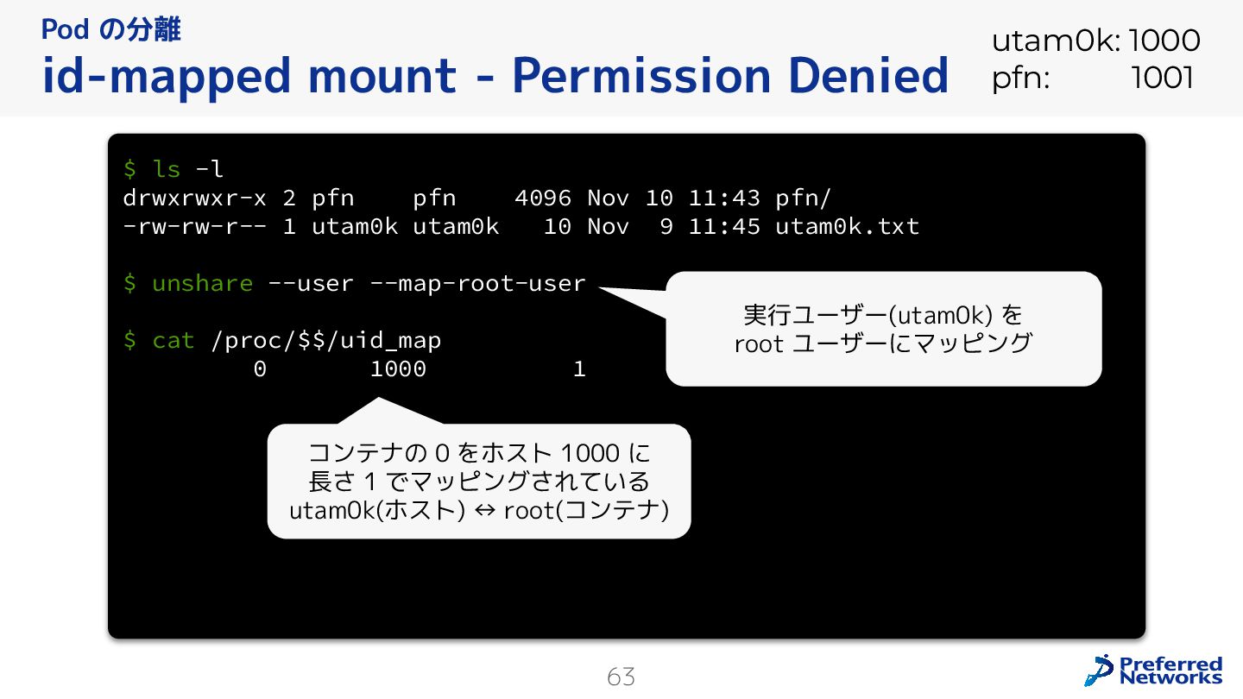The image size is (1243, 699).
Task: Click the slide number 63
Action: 621,677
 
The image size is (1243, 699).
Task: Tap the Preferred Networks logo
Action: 1154,671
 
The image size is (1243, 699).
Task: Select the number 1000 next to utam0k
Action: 1164,41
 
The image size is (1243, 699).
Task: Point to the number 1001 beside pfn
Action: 1162,79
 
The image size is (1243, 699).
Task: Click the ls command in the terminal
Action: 167,168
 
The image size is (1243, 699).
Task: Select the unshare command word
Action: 202,283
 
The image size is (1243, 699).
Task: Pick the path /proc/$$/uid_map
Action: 325,341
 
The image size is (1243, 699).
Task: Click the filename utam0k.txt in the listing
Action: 847,226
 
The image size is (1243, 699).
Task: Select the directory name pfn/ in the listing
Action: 803,198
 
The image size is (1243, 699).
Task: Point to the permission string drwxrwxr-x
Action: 194,198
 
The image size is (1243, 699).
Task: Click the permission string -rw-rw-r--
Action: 194,226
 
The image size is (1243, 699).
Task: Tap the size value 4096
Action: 542,198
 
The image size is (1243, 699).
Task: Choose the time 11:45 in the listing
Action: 723,226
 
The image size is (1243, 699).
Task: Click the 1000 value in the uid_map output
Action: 398,369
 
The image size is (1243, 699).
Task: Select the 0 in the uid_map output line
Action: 260,369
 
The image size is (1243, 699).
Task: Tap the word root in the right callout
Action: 759,343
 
